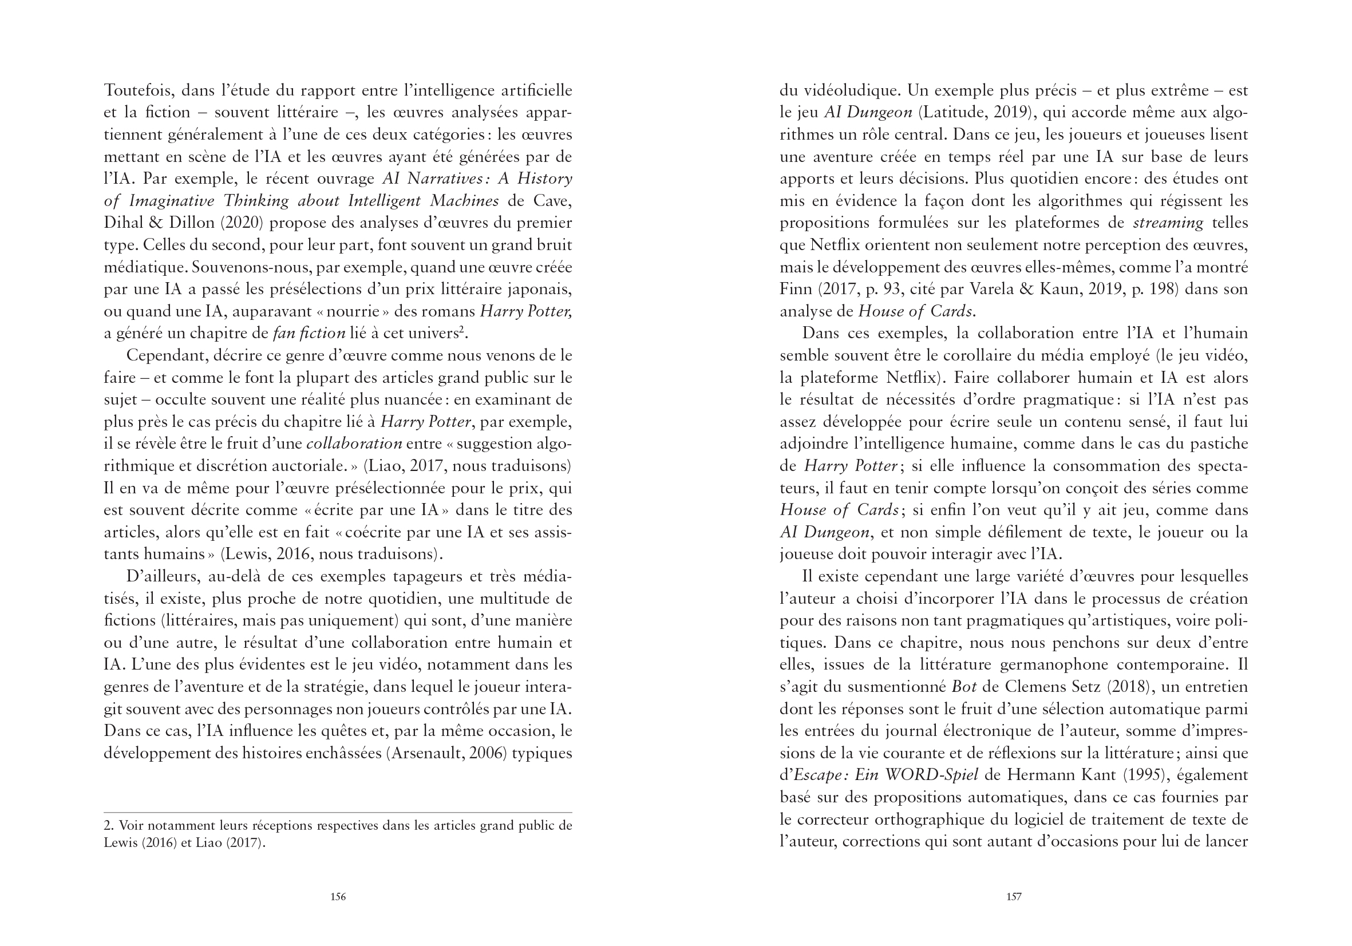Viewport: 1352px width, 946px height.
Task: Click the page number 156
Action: click(338, 897)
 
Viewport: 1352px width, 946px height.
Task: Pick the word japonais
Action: click(540, 290)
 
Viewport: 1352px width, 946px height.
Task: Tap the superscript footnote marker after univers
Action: click(462, 330)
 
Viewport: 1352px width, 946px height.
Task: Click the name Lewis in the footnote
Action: click(120, 843)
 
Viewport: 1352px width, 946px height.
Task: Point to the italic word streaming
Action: click(1168, 223)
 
